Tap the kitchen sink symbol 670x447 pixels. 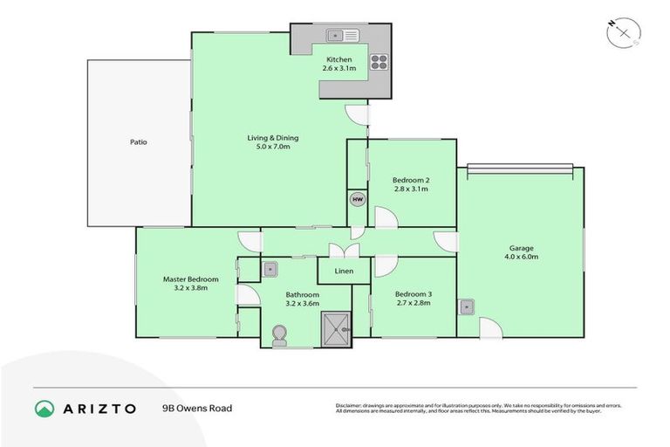[x=336, y=36]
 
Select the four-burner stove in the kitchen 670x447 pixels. [x=379, y=61]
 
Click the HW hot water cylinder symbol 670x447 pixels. [x=357, y=199]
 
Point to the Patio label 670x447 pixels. [x=138, y=141]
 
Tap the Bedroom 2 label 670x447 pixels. [x=413, y=180]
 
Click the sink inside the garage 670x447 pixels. [x=468, y=306]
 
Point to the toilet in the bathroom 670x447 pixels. [x=280, y=336]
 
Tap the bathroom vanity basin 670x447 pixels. [x=270, y=270]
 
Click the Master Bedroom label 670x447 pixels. [x=190, y=279]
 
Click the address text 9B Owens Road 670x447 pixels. [x=196, y=408]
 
